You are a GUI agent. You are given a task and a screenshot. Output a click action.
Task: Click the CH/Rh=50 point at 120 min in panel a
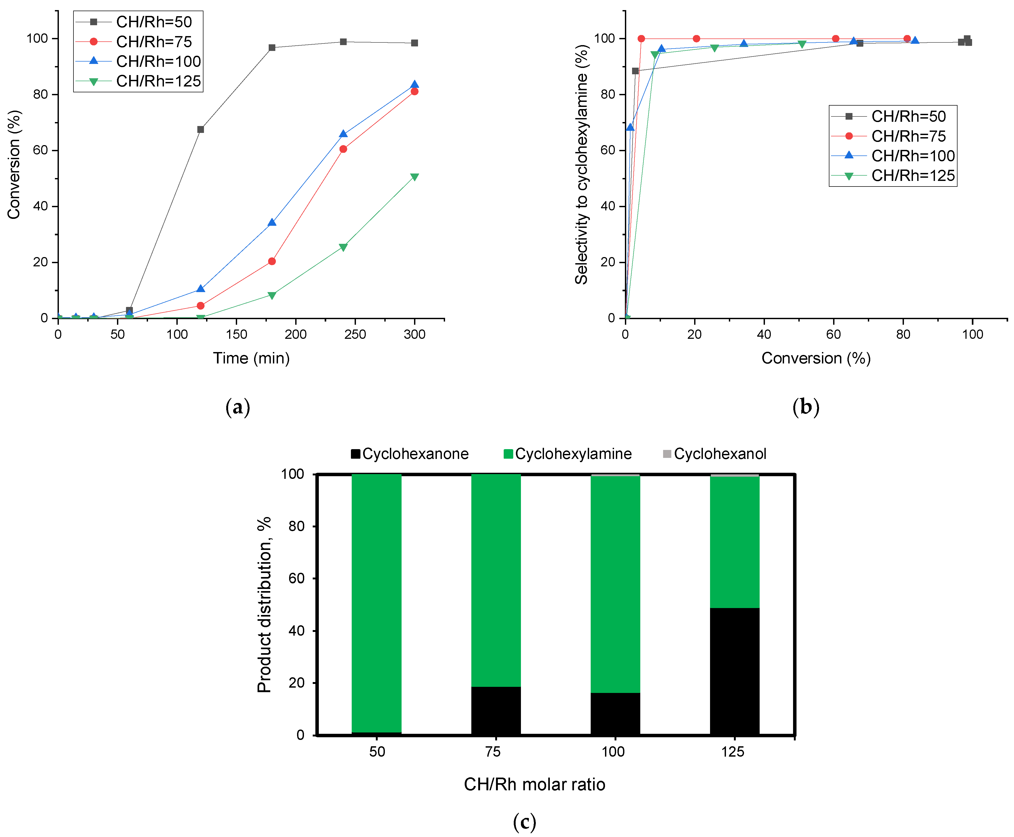(201, 129)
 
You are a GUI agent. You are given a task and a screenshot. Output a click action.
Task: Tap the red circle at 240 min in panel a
(343, 149)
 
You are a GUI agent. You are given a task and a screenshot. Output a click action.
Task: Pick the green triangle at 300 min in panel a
(414, 177)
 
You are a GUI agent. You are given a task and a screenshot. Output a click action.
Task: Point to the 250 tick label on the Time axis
(355, 334)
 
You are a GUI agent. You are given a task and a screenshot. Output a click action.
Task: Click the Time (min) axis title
(251, 358)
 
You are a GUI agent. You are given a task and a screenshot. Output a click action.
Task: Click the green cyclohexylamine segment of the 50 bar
(376, 603)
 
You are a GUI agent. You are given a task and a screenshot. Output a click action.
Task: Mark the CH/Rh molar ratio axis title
(534, 784)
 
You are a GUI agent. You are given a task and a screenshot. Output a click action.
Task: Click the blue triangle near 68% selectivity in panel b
(630, 127)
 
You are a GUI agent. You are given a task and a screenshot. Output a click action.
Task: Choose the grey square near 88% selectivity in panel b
(635, 71)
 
